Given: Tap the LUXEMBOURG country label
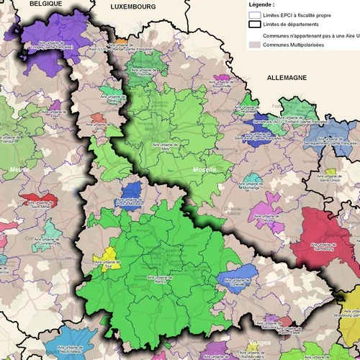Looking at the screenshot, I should pyautogui.click(x=133, y=6).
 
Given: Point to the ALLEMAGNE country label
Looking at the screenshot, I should pyautogui.click(x=286, y=76).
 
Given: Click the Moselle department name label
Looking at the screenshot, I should pyautogui.click(x=204, y=170).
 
